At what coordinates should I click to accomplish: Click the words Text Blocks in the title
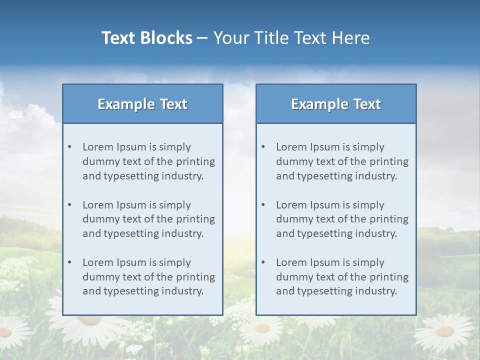(x=146, y=38)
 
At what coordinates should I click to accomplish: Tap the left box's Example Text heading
(x=142, y=104)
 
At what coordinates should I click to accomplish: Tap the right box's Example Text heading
(x=336, y=104)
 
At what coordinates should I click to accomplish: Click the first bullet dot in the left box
(x=70, y=147)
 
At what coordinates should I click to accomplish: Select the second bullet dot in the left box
(x=70, y=205)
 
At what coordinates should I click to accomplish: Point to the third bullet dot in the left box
(x=70, y=262)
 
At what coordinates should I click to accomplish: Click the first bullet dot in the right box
(x=263, y=147)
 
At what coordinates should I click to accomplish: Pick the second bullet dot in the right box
(x=263, y=205)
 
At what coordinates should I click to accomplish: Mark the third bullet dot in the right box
(x=263, y=262)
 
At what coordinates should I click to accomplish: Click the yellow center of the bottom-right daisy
(x=444, y=331)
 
